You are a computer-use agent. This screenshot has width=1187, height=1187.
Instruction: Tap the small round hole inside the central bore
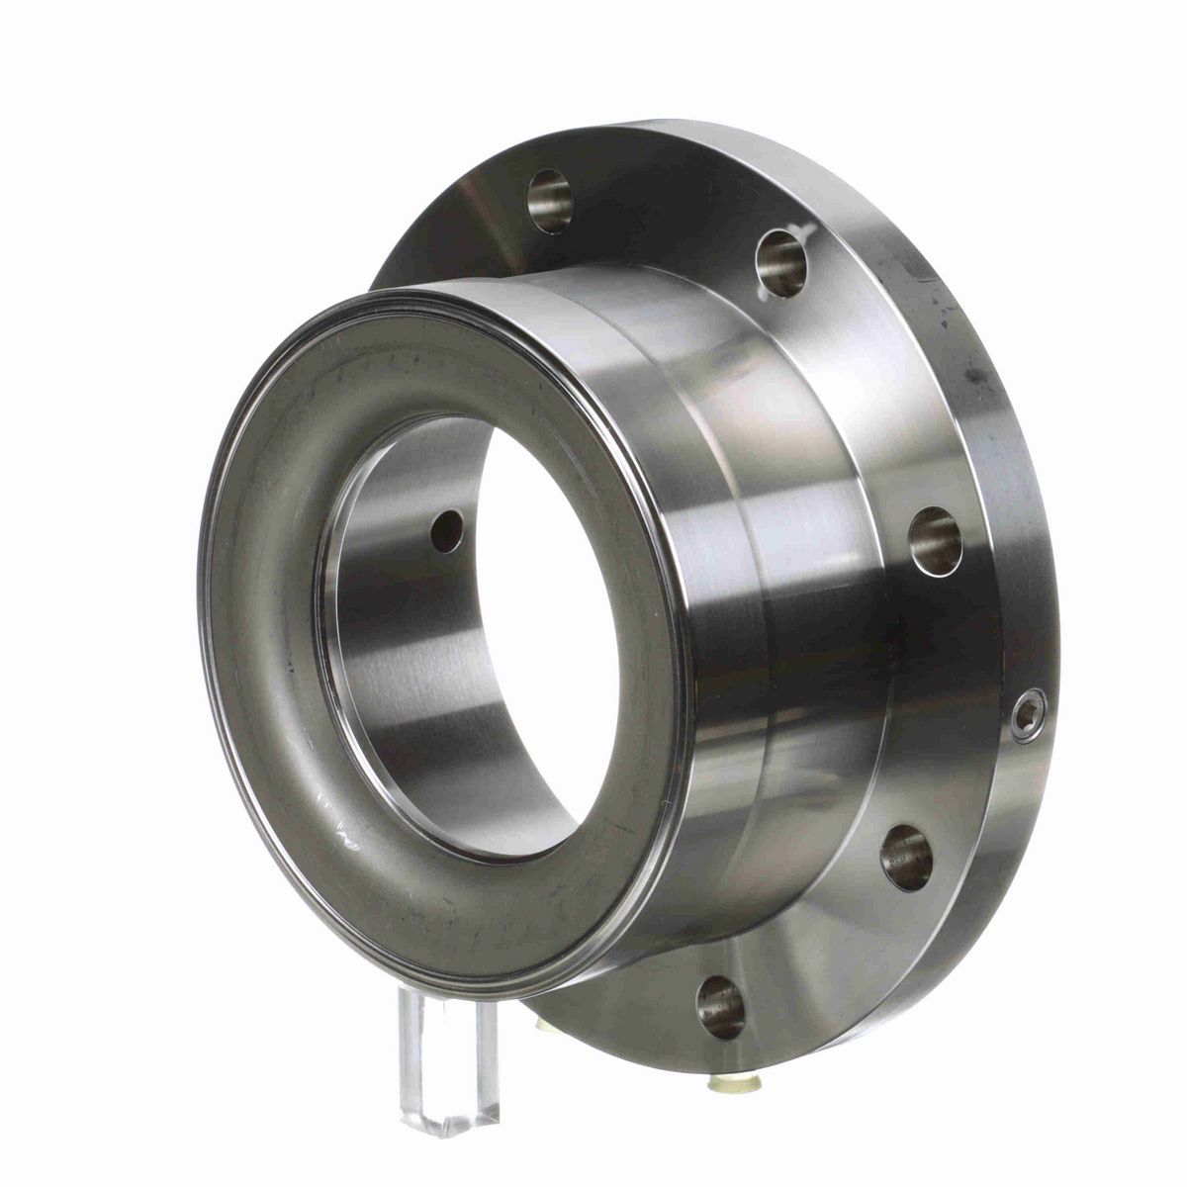click(x=446, y=531)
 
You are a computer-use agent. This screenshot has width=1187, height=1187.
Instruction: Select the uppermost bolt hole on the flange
click(x=550, y=201)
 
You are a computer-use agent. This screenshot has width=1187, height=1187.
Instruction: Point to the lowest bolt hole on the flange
click(x=720, y=1008)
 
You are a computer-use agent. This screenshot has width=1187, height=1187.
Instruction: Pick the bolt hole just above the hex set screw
click(x=935, y=542)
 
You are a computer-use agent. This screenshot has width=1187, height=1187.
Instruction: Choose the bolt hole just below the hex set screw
click(x=906, y=857)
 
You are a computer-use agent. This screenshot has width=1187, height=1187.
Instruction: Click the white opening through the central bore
click(x=534, y=633)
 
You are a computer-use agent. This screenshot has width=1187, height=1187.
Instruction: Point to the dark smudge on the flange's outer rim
click(x=974, y=376)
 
